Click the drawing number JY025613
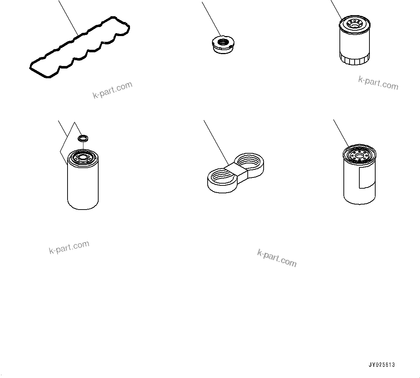[382, 365]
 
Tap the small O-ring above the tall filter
[83, 138]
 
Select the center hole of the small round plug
[222, 42]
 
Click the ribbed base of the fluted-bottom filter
[355, 59]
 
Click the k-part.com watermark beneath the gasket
[113, 90]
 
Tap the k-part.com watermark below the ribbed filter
[378, 83]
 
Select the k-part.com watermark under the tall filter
[69, 247]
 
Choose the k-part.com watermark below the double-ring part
[277, 258]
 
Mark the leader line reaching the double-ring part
[216, 142]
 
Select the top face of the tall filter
[83, 158]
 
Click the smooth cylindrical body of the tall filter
[83, 187]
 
